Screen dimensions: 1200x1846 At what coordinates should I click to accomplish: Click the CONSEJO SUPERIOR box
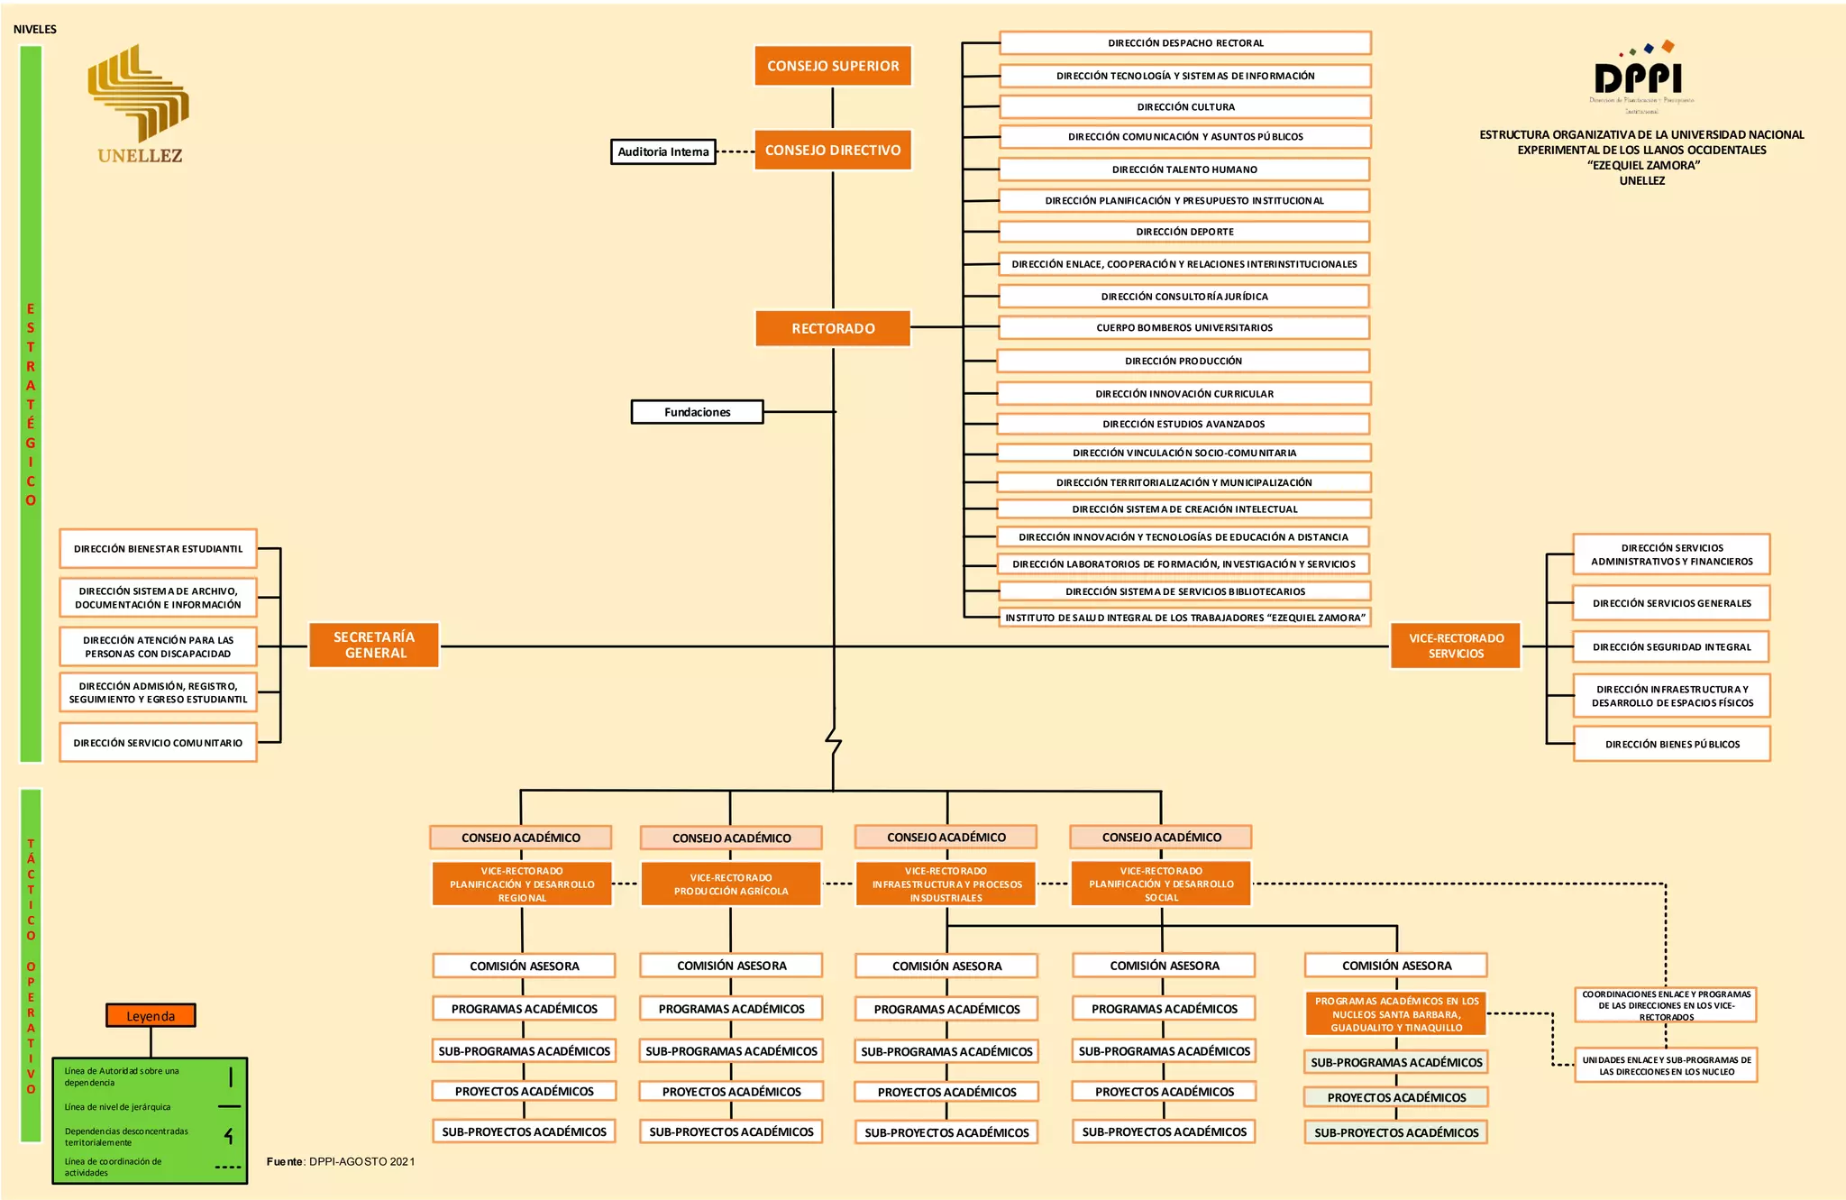833,66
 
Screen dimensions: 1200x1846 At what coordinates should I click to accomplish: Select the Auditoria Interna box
663,151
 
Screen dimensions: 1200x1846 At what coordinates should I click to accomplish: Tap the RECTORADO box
833,328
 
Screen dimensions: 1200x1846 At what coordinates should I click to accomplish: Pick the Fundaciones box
697,412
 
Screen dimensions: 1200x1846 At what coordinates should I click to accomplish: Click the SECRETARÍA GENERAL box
374,645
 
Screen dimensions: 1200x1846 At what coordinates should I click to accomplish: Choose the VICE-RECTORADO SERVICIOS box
1456,646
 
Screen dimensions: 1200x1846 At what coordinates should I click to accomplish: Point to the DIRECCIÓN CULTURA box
1185,106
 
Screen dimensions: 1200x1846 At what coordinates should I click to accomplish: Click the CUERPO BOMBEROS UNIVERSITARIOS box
1184,327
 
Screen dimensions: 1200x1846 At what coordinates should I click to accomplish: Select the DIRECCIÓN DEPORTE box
1184,232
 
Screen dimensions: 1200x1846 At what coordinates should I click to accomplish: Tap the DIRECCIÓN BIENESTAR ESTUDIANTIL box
158,548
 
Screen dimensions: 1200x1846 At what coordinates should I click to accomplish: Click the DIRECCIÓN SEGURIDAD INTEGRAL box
1671,646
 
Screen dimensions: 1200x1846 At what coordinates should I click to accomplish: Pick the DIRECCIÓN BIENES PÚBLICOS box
1672,744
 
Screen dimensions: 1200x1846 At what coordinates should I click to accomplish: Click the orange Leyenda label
151,1016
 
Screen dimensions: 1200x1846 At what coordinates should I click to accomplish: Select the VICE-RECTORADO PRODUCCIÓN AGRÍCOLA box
731,884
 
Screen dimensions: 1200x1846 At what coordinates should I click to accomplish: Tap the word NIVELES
35,30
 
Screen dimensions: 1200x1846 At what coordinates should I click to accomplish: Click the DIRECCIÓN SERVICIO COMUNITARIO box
158,743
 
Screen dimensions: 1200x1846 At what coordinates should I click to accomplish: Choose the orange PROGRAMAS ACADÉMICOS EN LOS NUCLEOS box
1396,1014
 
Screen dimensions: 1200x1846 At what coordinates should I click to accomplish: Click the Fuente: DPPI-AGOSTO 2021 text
341,1161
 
